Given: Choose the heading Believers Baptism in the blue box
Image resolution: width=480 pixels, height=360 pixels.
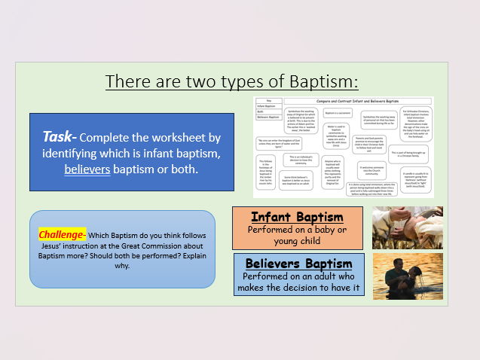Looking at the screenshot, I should [298, 264].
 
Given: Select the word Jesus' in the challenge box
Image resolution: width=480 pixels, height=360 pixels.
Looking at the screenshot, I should [53, 246].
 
